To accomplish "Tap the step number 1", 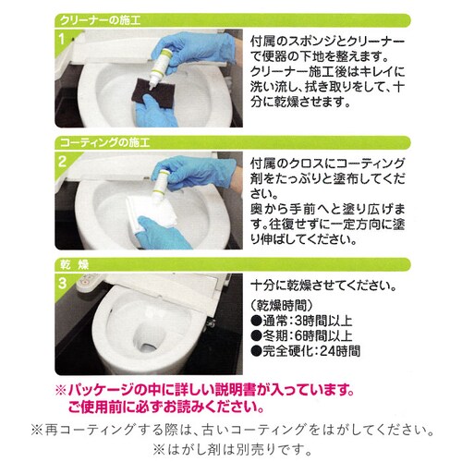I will pyautogui.click(x=62, y=39).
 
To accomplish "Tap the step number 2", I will pyautogui.click(x=62, y=161).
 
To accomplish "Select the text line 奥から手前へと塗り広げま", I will pyautogui.click(x=329, y=212).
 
